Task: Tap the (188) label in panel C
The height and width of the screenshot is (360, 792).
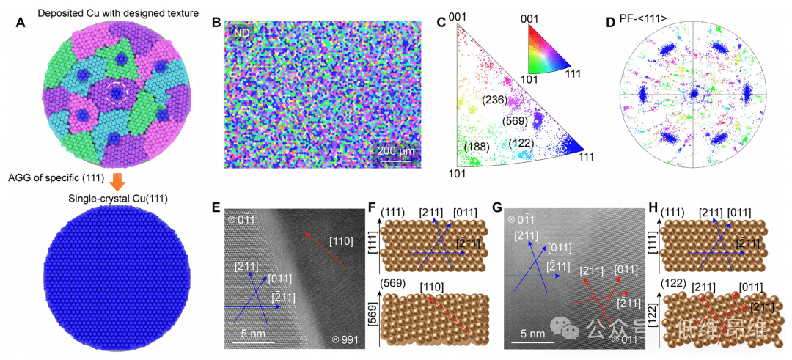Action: [x=477, y=147]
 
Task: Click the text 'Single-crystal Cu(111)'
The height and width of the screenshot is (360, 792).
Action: [x=110, y=199]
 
